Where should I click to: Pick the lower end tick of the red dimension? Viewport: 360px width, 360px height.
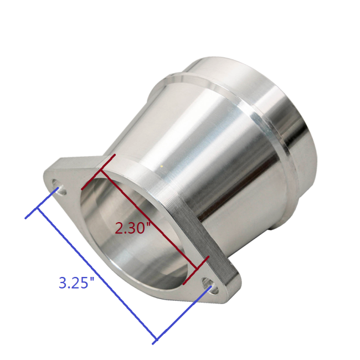tap(198, 266)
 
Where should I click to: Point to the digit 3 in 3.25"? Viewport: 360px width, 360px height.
tap(63, 283)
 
